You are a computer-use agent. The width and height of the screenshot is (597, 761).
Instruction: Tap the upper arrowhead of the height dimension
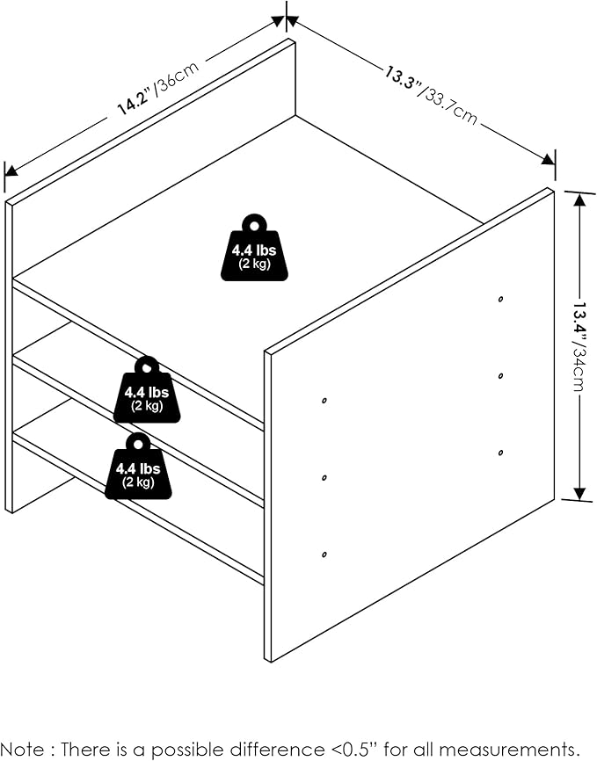[579, 200]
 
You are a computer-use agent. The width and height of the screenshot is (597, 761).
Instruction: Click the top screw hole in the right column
[500, 300]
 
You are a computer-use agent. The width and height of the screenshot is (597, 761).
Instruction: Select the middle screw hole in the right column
[500, 376]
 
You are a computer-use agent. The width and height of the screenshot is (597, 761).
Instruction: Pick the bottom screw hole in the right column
[500, 453]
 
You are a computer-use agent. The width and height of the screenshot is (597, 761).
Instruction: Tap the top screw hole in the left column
[324, 401]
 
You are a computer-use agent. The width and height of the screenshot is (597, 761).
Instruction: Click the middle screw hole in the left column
[324, 477]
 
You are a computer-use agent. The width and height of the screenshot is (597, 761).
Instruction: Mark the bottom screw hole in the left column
[324, 554]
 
